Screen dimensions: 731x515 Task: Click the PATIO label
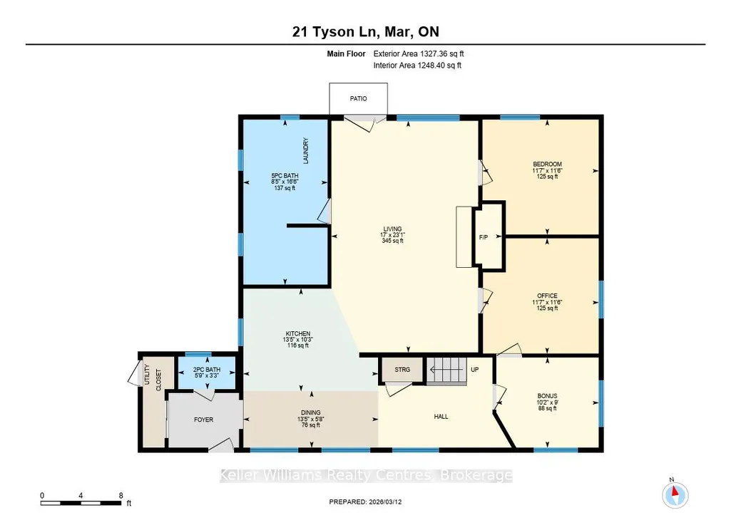[x=358, y=99]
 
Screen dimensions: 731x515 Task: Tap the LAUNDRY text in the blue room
[x=306, y=150]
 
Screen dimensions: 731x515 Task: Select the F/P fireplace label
[x=484, y=237]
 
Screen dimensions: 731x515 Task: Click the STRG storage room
[x=402, y=370]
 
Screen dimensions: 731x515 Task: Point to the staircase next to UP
[x=446, y=370]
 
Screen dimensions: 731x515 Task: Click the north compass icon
[x=675, y=495]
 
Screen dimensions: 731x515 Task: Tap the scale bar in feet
[x=81, y=503]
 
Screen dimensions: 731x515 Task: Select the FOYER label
[x=204, y=420]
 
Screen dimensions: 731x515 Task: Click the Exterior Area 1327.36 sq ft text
[x=419, y=53]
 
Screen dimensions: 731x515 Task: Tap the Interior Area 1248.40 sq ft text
[x=417, y=66]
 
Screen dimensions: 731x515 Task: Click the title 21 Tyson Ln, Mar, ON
[x=365, y=31]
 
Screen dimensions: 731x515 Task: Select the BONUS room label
[x=547, y=396]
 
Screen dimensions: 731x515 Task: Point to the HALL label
[x=441, y=416]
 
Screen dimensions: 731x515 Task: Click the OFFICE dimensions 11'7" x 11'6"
[x=547, y=302]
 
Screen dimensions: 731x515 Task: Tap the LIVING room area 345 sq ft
[x=392, y=241]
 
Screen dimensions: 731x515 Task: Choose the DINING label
[x=310, y=412]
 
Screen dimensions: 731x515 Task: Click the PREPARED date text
[x=365, y=502]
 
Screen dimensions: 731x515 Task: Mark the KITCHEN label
[x=298, y=333]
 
